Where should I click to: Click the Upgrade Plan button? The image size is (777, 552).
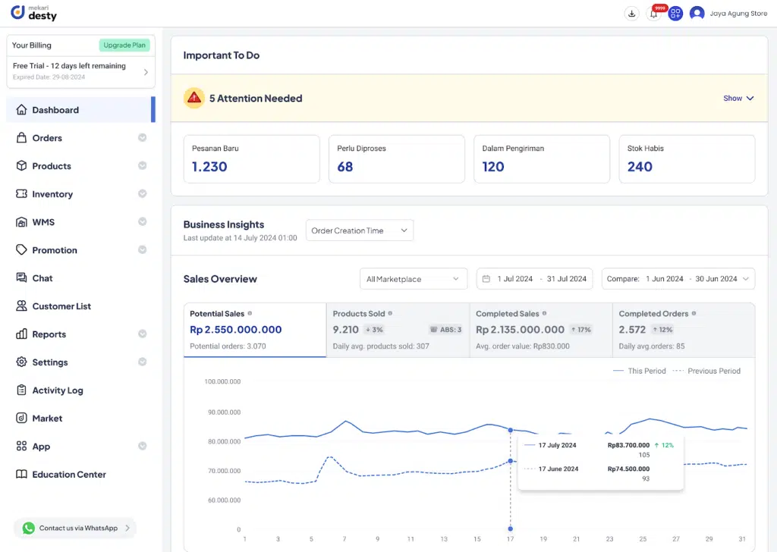click(124, 45)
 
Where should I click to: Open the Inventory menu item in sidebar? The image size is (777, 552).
click(52, 194)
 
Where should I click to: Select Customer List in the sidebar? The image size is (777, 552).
click(61, 306)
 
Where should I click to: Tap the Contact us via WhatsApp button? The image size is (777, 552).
click(75, 528)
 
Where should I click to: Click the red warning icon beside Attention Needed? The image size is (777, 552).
click(194, 98)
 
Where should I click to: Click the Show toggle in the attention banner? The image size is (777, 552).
click(738, 99)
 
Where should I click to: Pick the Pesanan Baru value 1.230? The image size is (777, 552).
click(209, 167)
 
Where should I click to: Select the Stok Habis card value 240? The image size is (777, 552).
click(640, 167)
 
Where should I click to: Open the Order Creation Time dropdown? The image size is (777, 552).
click(360, 231)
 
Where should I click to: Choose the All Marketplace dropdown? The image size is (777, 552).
click(413, 279)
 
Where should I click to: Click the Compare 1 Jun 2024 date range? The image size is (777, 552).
click(678, 279)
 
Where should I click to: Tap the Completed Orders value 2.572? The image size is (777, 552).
click(632, 330)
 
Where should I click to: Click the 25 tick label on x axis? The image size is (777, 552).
click(643, 539)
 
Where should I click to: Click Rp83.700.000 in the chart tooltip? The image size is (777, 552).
click(628, 445)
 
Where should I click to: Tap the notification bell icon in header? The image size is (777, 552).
click(653, 14)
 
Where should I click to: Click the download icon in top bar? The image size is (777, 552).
click(631, 14)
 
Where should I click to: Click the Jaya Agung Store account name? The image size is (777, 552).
click(738, 14)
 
